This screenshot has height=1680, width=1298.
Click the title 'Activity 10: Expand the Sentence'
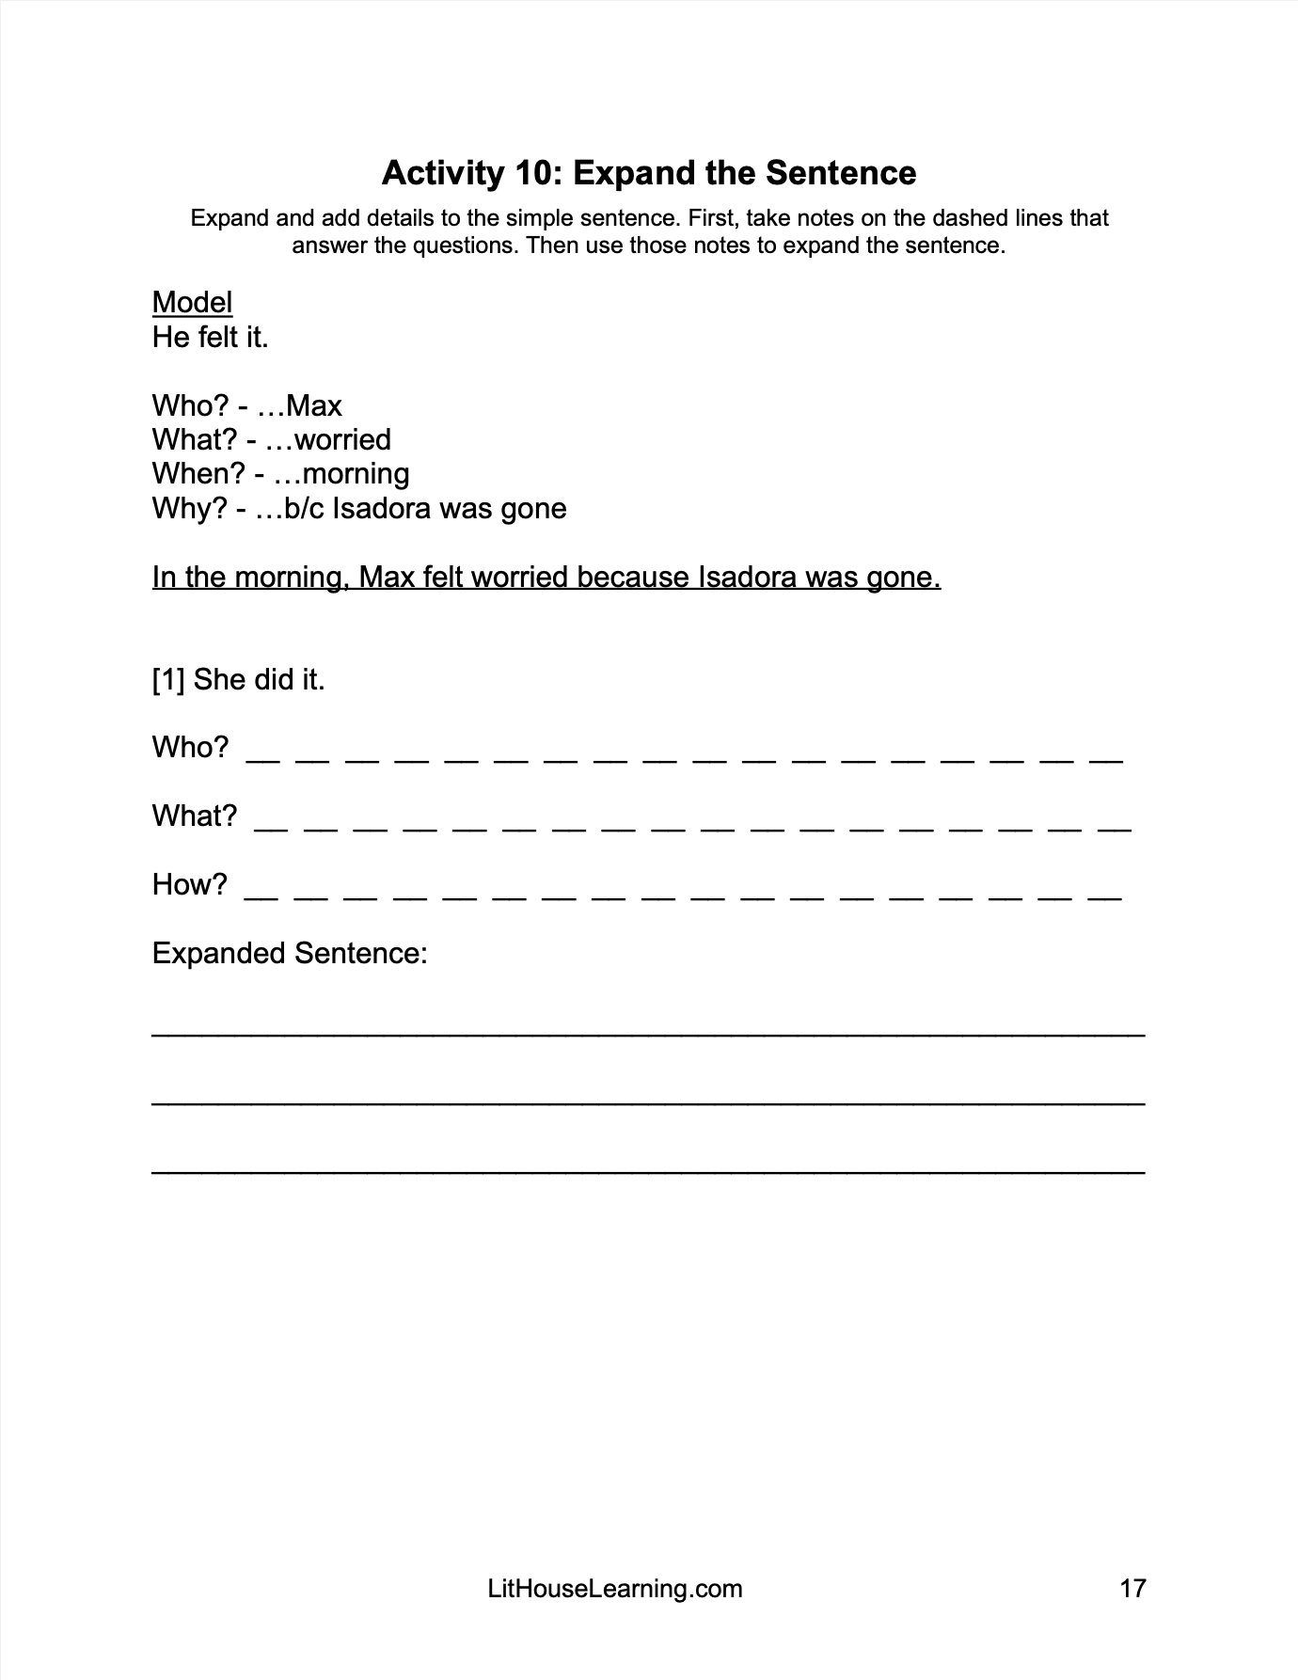pos(648,173)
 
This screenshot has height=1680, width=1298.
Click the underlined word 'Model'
pos(192,303)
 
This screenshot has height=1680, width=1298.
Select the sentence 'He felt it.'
pos(211,337)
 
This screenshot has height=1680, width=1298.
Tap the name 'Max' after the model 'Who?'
pos(314,406)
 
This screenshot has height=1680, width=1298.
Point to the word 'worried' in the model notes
pos(342,440)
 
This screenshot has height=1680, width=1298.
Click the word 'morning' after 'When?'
pos(356,474)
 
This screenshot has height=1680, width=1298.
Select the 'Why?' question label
pos(189,509)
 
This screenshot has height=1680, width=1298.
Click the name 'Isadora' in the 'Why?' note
pos(382,509)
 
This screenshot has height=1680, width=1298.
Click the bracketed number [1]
pos(168,679)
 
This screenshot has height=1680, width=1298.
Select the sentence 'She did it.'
pos(259,679)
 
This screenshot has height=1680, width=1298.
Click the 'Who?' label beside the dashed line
pos(190,748)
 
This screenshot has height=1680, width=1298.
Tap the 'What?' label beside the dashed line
pos(195,816)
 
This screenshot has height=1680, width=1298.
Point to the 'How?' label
pos(189,884)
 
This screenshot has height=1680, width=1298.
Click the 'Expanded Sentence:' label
pos(290,954)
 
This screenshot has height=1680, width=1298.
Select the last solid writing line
pos(648,1171)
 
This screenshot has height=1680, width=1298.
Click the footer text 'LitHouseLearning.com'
pos(615,1589)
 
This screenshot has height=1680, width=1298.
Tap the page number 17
pos(1132,1589)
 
